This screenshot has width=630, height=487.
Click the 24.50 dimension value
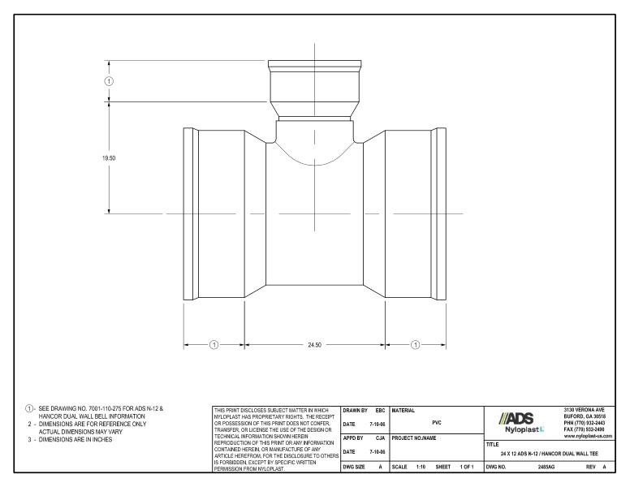point(315,344)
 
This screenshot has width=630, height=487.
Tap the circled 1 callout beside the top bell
point(110,81)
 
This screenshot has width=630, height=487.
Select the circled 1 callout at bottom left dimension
point(214,344)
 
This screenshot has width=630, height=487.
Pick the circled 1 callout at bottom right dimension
point(416,344)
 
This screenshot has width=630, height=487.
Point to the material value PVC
point(436,423)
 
